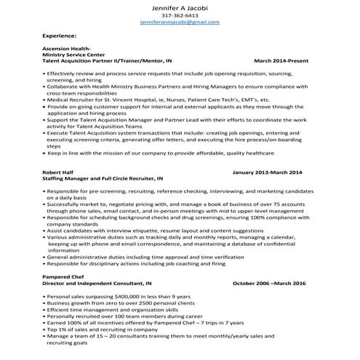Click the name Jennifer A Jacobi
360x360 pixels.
click(x=179, y=6)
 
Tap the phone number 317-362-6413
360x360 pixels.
click(x=179, y=15)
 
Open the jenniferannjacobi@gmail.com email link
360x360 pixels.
click(x=179, y=23)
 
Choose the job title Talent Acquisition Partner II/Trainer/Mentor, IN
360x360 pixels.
click(x=108, y=62)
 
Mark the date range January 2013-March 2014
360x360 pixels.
click(x=266, y=172)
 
